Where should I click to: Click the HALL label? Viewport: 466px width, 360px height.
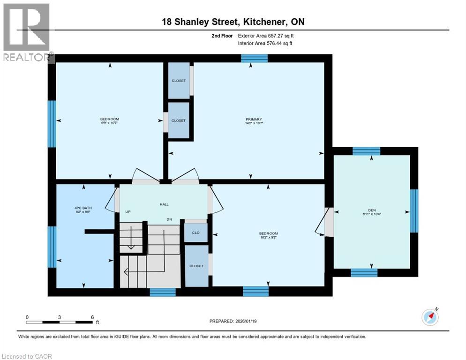[x=164, y=204]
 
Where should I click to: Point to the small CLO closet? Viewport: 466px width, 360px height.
[x=196, y=232]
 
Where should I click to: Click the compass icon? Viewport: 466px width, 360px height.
[x=430, y=317]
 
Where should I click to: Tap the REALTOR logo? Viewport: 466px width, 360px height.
[x=26, y=32]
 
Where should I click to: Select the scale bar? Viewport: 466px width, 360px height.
[x=59, y=322]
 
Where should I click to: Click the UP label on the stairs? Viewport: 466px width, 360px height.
[x=128, y=212]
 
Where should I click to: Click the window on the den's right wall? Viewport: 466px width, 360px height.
[x=414, y=210]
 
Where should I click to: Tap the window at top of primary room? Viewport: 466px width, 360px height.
[x=254, y=58]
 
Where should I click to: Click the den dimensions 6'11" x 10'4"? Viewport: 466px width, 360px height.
[x=372, y=214]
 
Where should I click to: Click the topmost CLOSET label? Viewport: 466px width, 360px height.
[x=178, y=81]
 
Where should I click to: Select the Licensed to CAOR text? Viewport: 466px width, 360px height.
[x=27, y=356]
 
